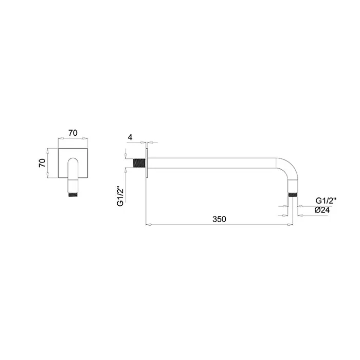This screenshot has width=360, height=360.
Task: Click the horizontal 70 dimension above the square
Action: [73, 133]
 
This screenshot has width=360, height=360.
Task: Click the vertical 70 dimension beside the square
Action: [43, 163]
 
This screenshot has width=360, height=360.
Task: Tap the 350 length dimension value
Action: [219, 219]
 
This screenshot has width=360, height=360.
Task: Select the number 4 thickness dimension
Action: [130, 137]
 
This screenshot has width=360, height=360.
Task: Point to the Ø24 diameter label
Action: [322, 210]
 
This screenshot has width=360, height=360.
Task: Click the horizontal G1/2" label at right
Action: [326, 201]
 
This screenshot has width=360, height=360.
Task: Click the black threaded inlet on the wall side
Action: [139, 163]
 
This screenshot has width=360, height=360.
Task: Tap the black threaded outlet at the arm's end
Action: [293, 195]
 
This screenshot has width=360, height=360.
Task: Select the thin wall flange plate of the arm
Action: [146, 163]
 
